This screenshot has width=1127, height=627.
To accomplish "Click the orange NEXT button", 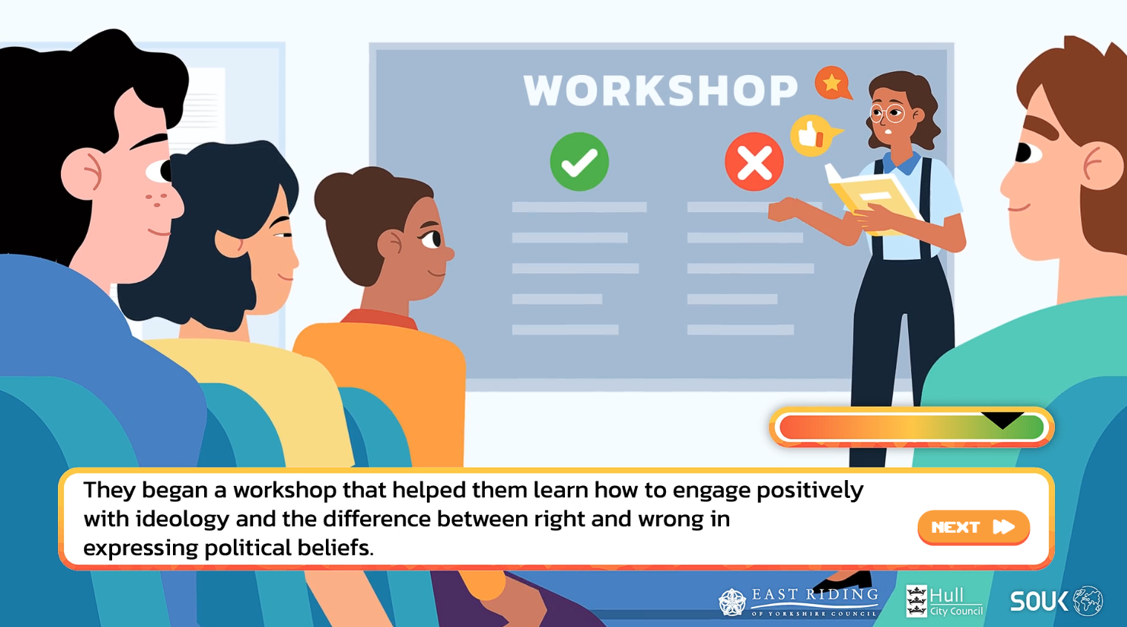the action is pos(973,527).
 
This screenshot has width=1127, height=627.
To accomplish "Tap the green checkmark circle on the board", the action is pos(579,162).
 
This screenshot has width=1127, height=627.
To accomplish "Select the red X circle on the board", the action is pos(754,162).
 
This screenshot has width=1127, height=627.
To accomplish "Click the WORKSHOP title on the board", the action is pos(661,91).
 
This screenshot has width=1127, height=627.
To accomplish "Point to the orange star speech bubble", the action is pos(833,83).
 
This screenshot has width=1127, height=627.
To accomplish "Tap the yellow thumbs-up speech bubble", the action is pos(812,136).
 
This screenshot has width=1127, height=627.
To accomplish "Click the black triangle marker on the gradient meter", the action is pos(1003,419).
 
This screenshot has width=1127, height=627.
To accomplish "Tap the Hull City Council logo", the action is pos(944,601).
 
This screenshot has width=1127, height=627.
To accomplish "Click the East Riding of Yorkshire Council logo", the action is pos(798,602).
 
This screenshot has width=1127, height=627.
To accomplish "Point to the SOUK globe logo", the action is pos(1056,600).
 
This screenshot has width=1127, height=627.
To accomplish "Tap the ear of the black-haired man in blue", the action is pos(82,174).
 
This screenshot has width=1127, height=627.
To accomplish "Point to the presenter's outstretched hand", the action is pos(785,209).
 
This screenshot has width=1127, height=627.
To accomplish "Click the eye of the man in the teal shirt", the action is pos(1026,152).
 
